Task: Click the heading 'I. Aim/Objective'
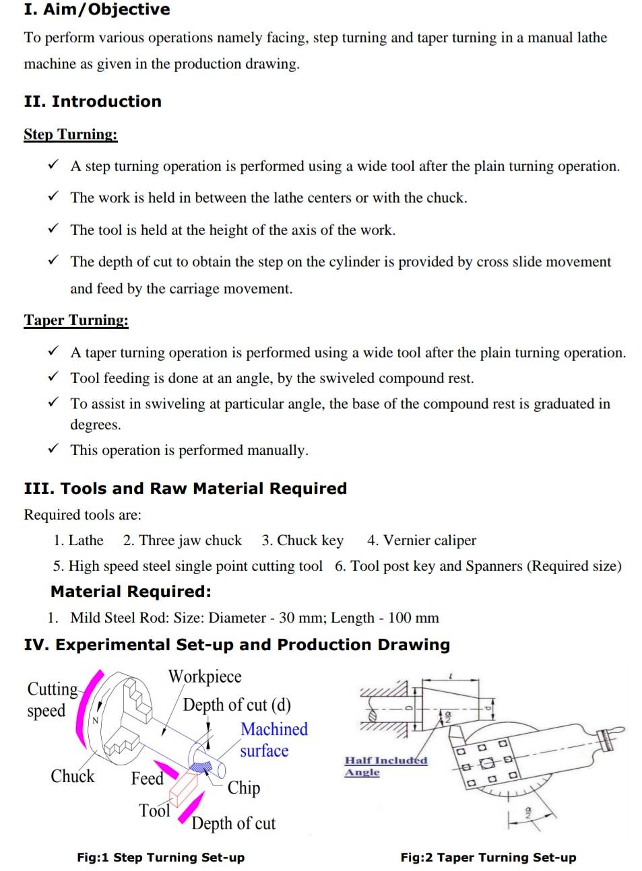pos(96,9)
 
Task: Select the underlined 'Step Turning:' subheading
pos(71,134)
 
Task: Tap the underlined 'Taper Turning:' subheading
pos(76,320)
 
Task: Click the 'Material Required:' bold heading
pos(131,592)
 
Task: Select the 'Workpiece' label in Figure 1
pos(204,676)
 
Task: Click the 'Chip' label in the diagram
pos(243,788)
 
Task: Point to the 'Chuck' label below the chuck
pos(73,776)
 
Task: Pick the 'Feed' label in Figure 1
pos(148,778)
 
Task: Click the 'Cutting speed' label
pos(50,699)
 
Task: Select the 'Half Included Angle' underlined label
pos(385,766)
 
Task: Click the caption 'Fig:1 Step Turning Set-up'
pos(160,858)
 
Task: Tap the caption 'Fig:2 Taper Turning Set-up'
pos(488,858)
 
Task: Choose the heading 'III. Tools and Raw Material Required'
pos(185,489)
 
